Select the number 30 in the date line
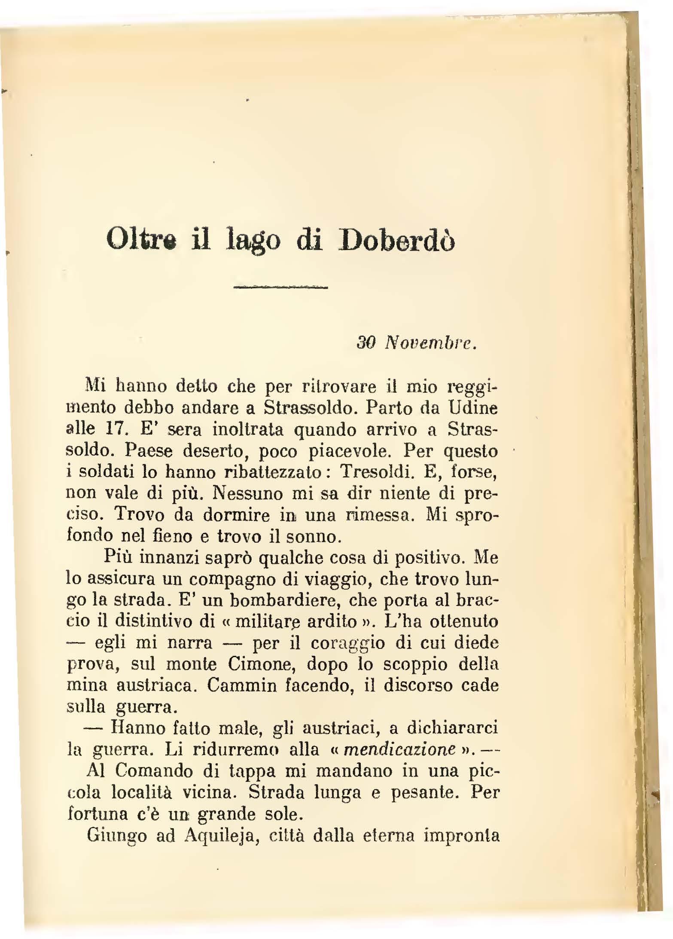[366, 343]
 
